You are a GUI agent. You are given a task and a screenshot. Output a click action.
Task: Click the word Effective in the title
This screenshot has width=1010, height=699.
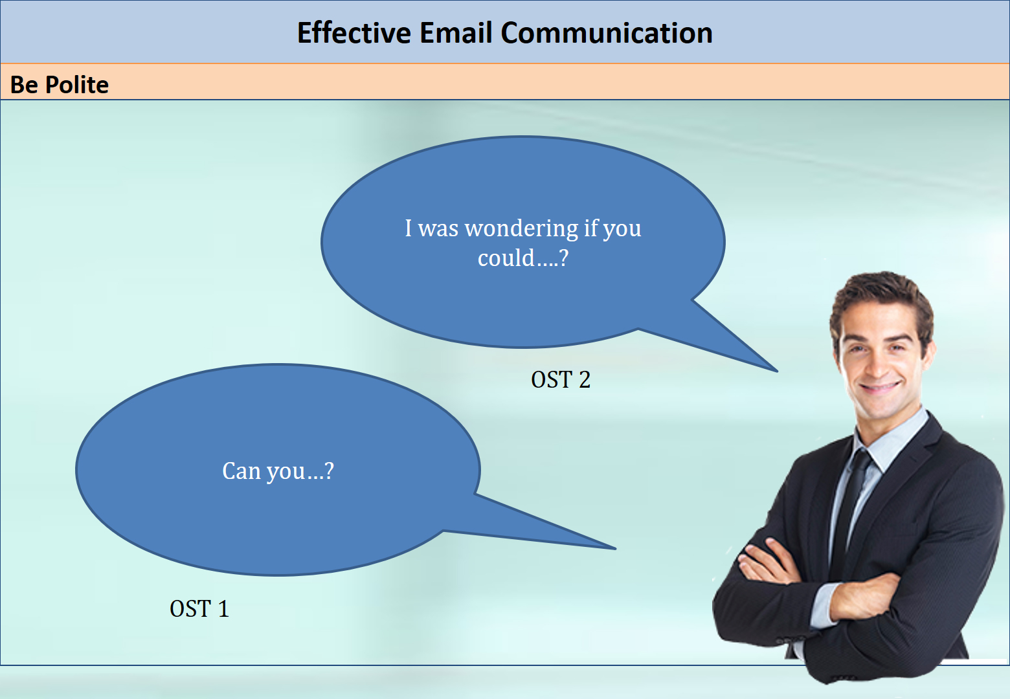coord(354,33)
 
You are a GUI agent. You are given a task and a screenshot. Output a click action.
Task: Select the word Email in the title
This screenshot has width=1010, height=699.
coord(455,33)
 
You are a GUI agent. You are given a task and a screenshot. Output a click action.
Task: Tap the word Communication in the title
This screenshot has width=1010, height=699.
coord(607,33)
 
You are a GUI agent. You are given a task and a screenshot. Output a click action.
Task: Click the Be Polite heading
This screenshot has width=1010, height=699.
coord(59,84)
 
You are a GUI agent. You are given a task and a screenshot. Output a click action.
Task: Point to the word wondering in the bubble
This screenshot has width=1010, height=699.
coord(521,229)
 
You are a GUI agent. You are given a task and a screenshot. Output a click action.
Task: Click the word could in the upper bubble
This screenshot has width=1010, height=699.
coord(506,258)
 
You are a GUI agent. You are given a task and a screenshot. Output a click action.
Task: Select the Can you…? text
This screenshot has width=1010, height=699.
coord(278,472)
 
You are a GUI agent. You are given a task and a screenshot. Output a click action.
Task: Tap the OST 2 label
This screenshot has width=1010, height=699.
coord(561,379)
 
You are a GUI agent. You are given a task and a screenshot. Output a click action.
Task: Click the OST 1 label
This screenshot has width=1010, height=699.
coord(199,609)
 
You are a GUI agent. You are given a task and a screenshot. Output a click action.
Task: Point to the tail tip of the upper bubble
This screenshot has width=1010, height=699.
coord(777,372)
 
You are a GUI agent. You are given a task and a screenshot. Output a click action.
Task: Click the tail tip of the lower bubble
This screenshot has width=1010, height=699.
coord(615,548)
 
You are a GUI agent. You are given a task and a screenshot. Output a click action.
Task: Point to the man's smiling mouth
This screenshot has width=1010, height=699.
coord(880,386)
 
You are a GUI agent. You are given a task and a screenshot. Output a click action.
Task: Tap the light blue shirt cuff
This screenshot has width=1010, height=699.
coord(824,605)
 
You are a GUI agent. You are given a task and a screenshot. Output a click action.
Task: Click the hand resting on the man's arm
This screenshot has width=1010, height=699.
coord(767,563)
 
